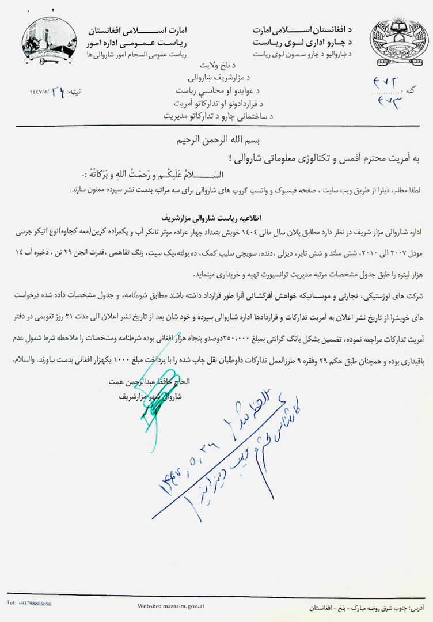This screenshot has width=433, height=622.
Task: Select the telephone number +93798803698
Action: tap(29, 603)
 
